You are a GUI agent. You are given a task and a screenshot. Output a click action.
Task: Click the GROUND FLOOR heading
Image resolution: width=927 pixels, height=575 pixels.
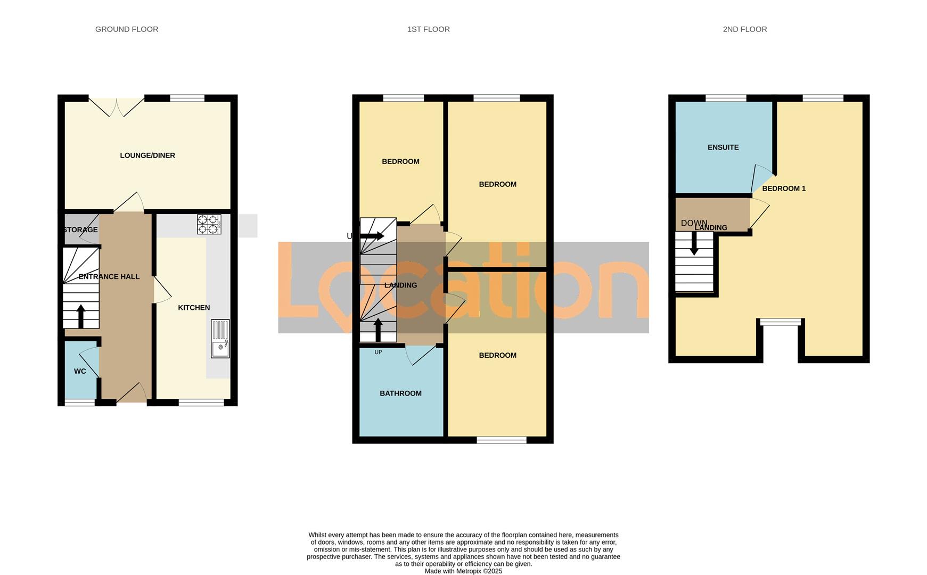coord(127,29)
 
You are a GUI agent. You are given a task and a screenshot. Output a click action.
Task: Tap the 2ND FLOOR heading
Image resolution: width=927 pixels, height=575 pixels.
coord(744,29)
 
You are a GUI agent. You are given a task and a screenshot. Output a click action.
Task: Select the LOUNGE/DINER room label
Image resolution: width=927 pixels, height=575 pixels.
coord(147,155)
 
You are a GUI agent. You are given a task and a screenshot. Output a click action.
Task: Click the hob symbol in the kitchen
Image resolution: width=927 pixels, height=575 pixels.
coord(209,224)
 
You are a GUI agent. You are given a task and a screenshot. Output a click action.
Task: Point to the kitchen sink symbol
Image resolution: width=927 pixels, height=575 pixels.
coord(220,339)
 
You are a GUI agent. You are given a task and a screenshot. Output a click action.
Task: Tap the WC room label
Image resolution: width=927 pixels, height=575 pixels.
coord(80,371)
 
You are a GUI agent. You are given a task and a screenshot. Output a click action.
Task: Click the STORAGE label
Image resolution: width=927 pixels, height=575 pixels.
coord(80,230)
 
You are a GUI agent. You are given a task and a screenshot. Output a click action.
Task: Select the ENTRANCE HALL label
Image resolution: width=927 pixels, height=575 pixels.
coord(109,277)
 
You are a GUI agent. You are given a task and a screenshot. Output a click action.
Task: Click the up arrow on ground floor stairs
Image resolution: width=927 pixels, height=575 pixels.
coord(81,316)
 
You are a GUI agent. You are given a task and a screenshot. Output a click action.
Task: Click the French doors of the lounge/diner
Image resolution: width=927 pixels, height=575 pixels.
coord(117,106)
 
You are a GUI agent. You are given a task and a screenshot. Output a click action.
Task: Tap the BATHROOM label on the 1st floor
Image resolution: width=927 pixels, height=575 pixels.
coord(400,393)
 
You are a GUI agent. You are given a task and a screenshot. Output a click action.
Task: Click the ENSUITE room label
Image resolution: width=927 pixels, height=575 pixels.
coord(723,147)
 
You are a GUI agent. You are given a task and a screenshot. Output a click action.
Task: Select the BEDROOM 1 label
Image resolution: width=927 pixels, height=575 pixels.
coord(784,188)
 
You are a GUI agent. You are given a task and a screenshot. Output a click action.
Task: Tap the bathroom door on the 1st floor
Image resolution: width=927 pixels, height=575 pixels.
coord(422,355)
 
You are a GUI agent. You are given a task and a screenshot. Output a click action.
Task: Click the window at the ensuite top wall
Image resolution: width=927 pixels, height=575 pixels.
coord(725,98)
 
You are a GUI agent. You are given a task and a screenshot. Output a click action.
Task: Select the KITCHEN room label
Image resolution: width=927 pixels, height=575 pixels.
coord(194,308)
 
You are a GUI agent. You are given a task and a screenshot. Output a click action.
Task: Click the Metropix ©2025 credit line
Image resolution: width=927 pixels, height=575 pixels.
coord(463,571)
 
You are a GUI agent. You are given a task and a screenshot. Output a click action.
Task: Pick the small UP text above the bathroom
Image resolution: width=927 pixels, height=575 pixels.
coord(378,352)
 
